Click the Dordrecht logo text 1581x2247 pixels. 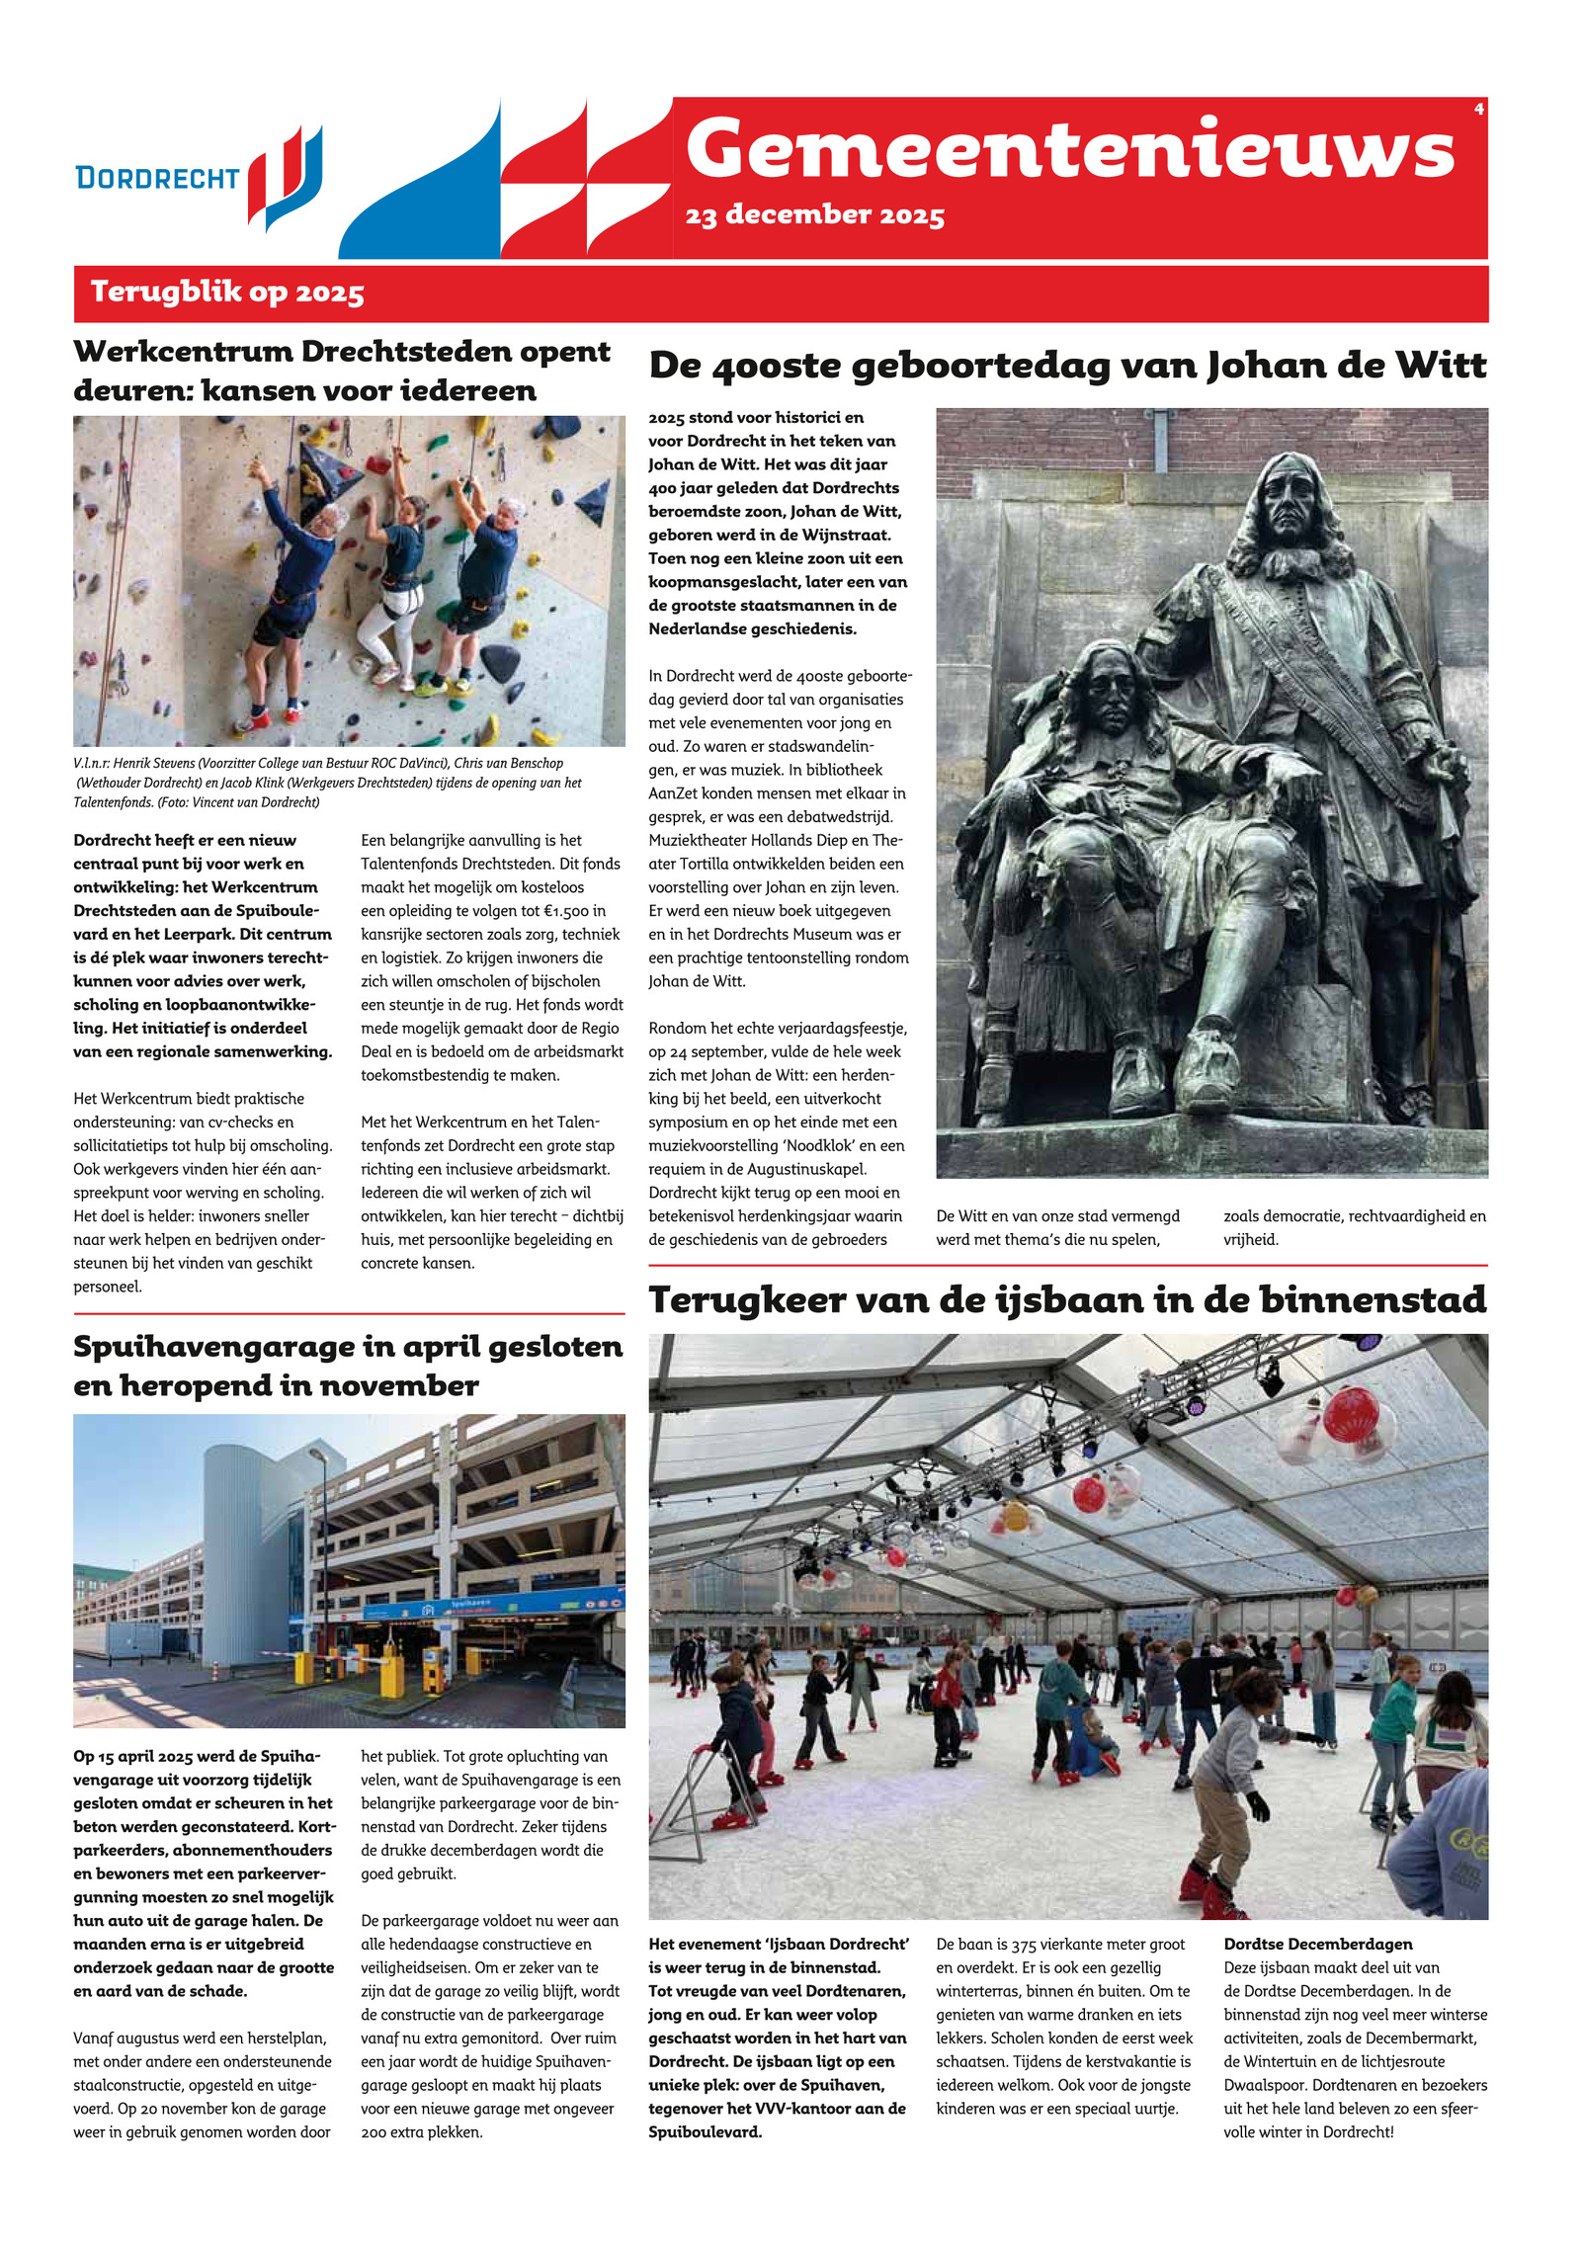(x=157, y=178)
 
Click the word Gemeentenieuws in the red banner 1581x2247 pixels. (x=1069, y=149)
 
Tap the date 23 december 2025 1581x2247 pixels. (x=814, y=215)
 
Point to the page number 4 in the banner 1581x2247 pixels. (x=1478, y=110)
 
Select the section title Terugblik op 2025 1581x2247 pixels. (x=227, y=292)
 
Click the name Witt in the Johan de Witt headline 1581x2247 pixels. (x=1440, y=367)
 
